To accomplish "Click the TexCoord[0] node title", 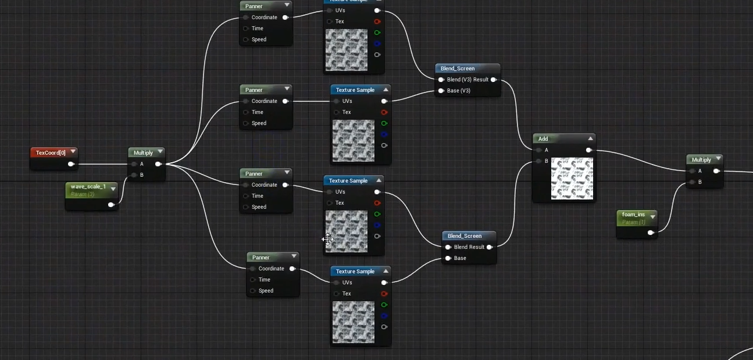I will point(50,153).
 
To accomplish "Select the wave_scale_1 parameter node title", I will point(88,187).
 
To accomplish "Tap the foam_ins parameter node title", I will point(633,215).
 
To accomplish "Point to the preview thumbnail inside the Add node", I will point(572,179).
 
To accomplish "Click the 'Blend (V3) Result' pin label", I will point(467,80).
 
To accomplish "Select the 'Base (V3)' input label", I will point(459,91).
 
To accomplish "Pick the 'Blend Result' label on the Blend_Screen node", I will point(469,247).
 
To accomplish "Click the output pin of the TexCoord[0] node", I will point(71,164).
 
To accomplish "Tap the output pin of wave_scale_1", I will point(111,205).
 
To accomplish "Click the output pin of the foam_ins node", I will point(651,233).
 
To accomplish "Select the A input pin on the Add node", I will point(538,150).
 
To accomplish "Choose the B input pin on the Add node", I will point(538,161).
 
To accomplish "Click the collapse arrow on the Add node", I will point(590,138).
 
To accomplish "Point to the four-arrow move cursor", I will point(327,239).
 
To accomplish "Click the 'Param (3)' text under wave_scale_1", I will point(83,194).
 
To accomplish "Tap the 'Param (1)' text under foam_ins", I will point(634,222).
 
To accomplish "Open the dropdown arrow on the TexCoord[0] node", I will point(73,152).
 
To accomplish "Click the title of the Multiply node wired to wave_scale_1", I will point(143,153).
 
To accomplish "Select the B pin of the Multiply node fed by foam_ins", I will point(692,182).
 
